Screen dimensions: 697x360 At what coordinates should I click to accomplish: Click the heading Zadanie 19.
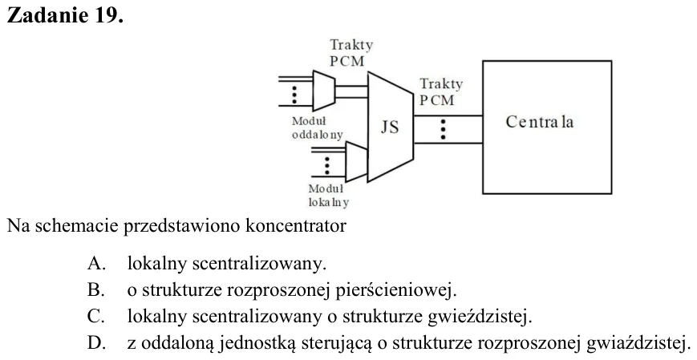[x=65, y=15]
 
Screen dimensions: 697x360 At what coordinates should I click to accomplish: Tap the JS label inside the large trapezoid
[x=390, y=127]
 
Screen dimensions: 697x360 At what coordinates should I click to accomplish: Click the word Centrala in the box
[x=540, y=122]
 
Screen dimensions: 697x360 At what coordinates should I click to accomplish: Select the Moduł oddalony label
[x=318, y=127]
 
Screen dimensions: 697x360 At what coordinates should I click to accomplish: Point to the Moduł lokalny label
[x=329, y=196]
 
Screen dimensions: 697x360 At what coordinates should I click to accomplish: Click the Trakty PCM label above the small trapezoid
[x=351, y=53]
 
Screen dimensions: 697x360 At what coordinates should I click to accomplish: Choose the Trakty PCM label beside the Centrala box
[x=441, y=92]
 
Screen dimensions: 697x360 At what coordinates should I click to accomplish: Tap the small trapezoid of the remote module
[x=324, y=91]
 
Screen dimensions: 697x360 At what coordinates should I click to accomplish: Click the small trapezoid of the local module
[x=356, y=162]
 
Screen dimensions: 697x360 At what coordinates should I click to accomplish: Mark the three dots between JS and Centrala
[x=443, y=129]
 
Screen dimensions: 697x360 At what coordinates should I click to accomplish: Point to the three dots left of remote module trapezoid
[x=294, y=95]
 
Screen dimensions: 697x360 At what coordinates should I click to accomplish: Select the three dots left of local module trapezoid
[x=327, y=165]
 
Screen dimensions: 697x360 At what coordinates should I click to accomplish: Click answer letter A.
[x=96, y=264]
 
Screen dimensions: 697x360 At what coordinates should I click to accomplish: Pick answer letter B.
[x=96, y=290]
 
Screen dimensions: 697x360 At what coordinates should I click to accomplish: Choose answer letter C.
[x=96, y=317]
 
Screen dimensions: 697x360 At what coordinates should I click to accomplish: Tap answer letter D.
[x=96, y=343]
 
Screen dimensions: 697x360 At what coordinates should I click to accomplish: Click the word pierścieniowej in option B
[x=396, y=291]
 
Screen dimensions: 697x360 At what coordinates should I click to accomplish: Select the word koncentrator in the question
[x=296, y=226]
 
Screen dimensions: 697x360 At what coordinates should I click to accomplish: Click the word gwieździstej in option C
[x=480, y=318]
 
